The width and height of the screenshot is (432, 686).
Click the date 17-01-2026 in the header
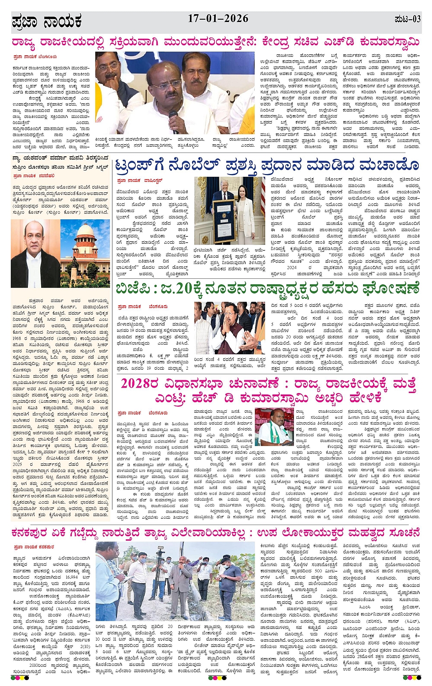click(218, 19)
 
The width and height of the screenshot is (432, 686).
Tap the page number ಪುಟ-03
click(407, 19)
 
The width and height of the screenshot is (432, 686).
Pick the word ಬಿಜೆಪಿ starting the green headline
click(133, 289)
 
